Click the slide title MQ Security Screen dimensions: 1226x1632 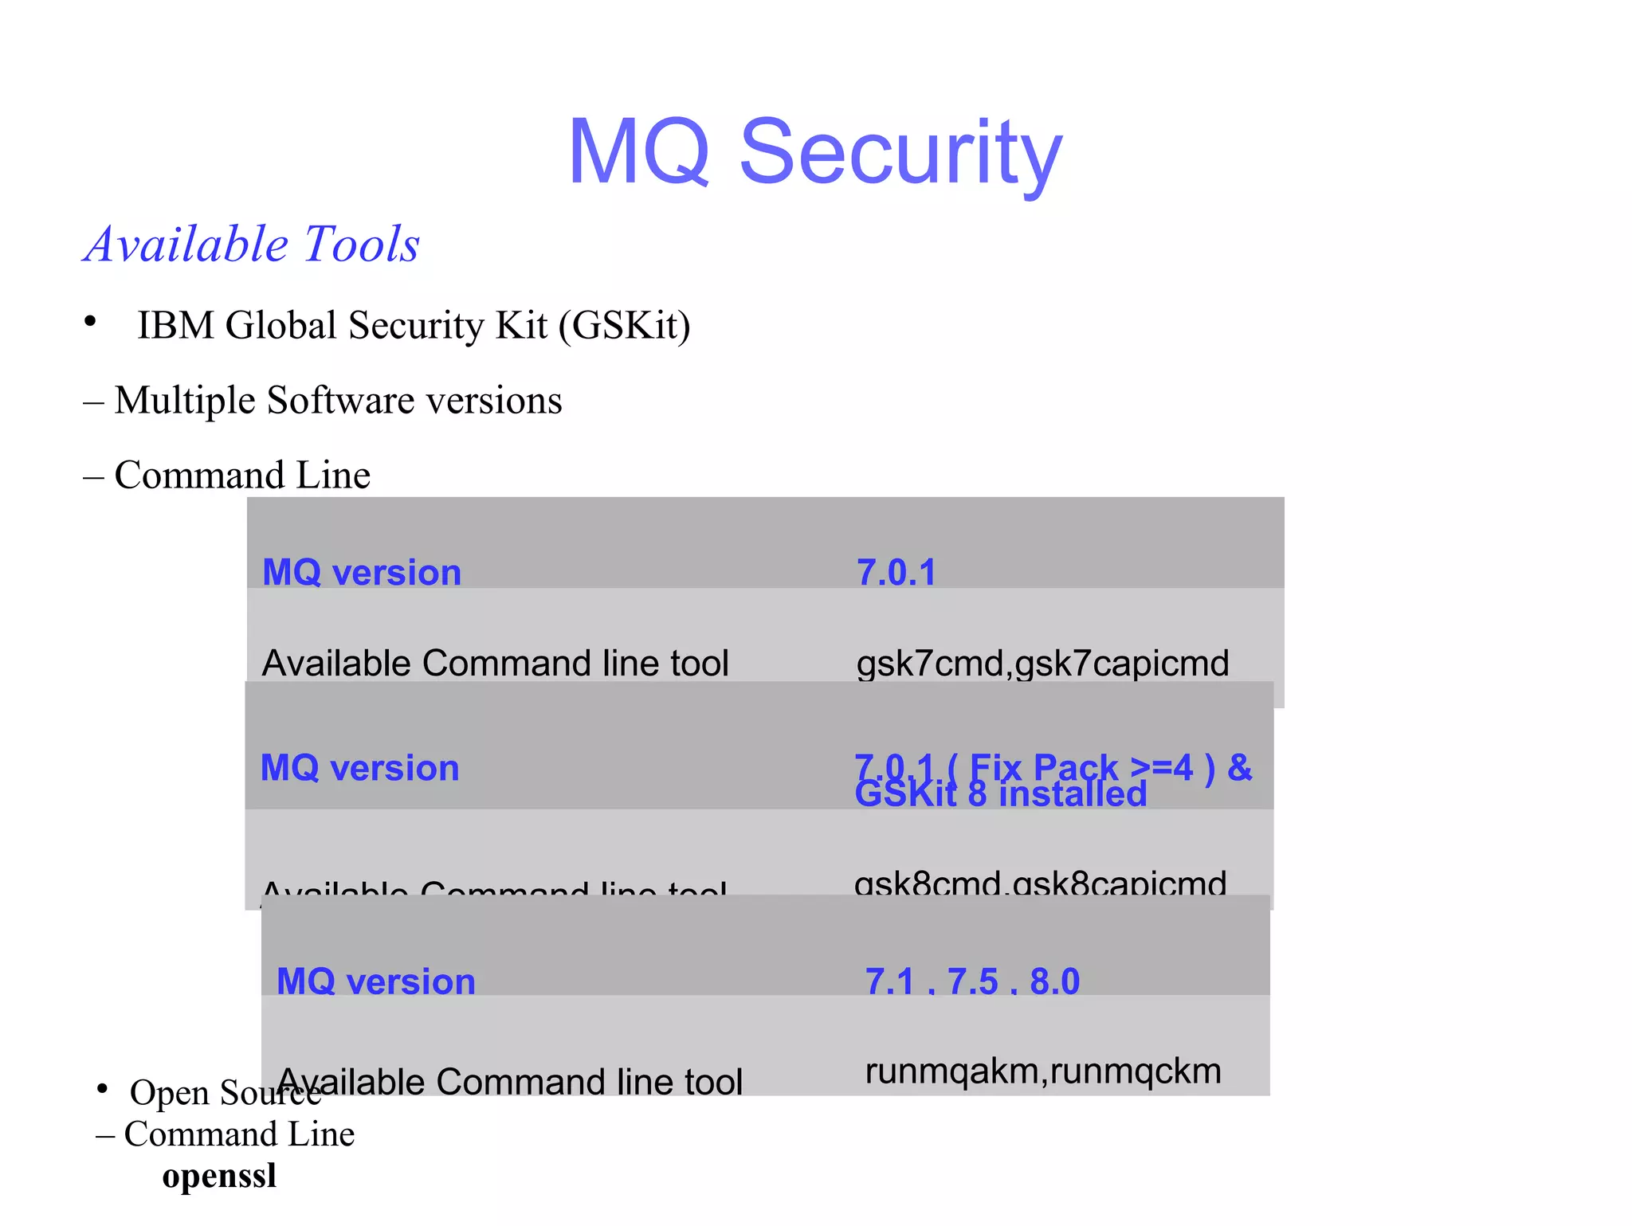click(814, 151)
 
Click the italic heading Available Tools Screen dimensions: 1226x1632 click(252, 244)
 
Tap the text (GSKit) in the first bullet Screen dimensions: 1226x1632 click(624, 325)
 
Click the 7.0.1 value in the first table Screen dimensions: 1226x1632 click(896, 572)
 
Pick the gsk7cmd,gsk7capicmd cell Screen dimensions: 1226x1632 click(1042, 663)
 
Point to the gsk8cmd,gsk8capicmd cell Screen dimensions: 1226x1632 click(1040, 883)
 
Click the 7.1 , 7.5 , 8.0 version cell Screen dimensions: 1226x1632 click(972, 981)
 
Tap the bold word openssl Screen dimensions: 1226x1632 click(219, 1176)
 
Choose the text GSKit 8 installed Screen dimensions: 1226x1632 click(1000, 794)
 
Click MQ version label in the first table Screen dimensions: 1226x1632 click(362, 572)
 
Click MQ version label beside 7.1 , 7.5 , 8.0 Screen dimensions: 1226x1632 click(375, 981)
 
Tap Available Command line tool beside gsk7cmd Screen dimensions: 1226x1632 click(495, 663)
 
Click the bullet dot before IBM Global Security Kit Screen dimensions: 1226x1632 click(90, 321)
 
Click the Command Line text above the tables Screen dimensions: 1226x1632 click(242, 475)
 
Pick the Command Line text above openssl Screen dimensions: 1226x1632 click(239, 1134)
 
